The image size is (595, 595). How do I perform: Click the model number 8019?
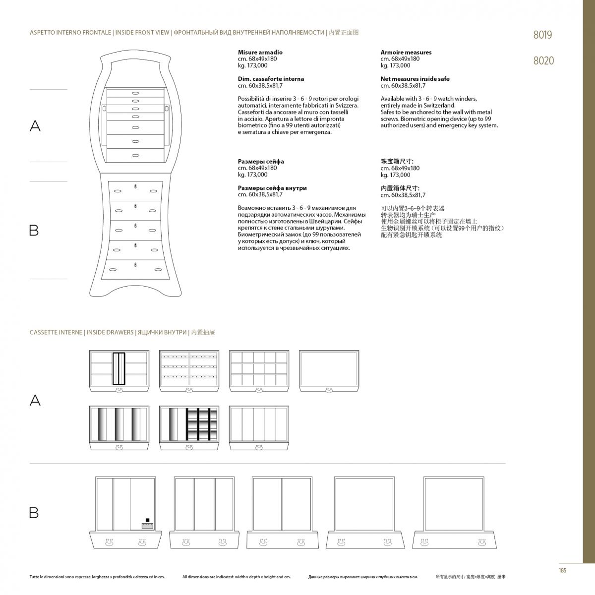coord(542,35)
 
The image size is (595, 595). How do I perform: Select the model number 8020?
coord(543,61)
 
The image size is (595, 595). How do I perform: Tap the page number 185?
coord(562,570)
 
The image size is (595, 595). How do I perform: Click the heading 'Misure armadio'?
coord(260,52)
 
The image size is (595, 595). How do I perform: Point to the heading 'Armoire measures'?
coord(406,52)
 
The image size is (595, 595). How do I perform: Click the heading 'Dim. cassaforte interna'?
coord(271,79)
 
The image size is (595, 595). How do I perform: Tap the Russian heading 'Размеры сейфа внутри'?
coord(272,188)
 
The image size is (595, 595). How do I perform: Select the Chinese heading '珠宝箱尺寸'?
coord(397,161)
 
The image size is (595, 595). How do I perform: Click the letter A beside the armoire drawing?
coord(35,126)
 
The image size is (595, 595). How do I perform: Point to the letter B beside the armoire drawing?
coord(34,231)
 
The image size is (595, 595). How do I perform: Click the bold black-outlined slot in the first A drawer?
coord(119,368)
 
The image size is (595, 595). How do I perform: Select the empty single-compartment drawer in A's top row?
coord(329,369)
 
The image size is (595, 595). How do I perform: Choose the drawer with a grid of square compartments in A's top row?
coord(259,369)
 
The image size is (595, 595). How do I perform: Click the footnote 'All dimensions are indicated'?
coord(236,577)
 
